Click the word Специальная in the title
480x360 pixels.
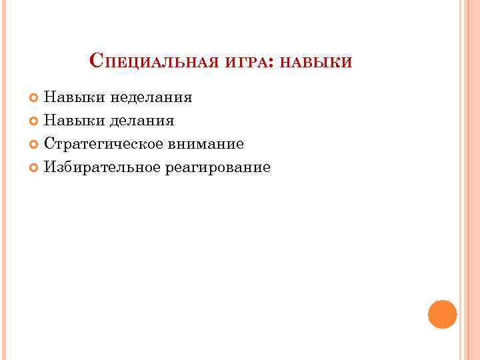[155, 63]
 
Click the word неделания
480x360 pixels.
[151, 98]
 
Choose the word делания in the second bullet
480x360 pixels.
[143, 121]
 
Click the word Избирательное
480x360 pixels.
[101, 167]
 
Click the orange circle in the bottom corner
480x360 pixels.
[442, 314]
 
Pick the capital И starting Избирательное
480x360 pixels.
[49, 167]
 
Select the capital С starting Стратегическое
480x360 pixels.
[49, 143]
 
